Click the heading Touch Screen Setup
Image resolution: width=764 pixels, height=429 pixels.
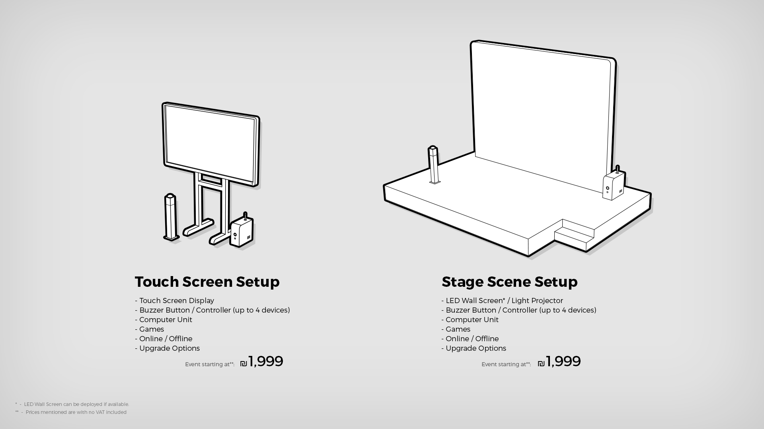tap(207, 282)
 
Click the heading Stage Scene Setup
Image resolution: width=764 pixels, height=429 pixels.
tap(509, 282)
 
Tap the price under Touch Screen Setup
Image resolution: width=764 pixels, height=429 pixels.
tap(261, 361)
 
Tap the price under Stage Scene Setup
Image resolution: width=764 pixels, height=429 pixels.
tap(559, 361)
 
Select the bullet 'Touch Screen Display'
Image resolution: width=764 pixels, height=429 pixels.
tap(174, 301)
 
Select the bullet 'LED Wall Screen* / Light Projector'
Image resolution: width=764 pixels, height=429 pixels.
tap(502, 301)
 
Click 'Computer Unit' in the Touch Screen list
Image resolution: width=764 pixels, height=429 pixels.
tap(163, 320)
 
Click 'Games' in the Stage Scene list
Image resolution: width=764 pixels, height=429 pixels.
tap(456, 329)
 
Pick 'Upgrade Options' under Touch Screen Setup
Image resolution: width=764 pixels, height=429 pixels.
tap(167, 348)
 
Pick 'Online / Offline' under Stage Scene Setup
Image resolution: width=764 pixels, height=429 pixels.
tap(470, 339)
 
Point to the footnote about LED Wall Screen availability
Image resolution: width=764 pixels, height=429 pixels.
tap(72, 404)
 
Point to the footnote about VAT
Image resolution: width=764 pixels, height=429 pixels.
tap(71, 412)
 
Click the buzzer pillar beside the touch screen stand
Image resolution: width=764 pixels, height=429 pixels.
tap(171, 217)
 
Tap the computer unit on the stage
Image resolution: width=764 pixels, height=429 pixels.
tap(613, 184)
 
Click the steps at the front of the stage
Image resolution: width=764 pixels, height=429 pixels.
tap(574, 234)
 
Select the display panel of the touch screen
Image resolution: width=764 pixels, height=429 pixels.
tap(211, 145)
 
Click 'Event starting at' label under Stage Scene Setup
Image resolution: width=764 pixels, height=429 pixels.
tap(506, 364)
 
